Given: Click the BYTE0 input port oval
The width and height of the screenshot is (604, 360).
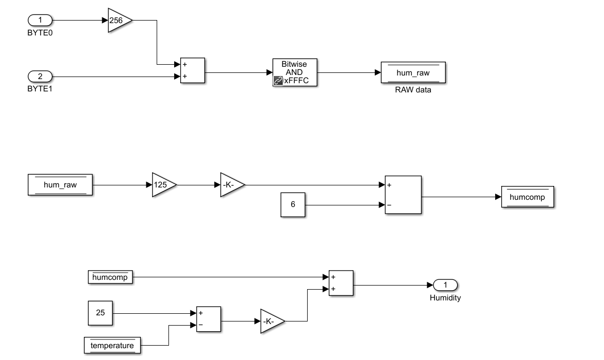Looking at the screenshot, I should [40, 21].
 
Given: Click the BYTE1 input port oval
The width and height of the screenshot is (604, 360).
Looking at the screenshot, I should [40, 77].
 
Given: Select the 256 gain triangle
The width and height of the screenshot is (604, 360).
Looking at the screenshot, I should [119, 21].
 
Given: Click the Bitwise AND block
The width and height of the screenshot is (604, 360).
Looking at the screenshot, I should [295, 72].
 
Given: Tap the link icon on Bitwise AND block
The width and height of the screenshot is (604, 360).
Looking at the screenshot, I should [278, 81].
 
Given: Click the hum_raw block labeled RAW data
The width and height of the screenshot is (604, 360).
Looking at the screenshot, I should [413, 73].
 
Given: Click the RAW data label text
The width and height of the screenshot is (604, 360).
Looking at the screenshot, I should [413, 90].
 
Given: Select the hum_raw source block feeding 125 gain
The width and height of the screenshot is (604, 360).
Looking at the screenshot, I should [60, 185].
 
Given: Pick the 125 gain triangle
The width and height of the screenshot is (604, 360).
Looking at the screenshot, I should [163, 185].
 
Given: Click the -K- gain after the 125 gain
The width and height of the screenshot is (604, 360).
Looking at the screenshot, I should [231, 185].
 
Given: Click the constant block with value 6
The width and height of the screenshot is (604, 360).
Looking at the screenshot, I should [293, 204].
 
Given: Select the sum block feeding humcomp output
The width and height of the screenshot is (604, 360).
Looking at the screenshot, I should [403, 195].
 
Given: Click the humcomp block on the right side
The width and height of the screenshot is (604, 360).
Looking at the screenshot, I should [528, 197].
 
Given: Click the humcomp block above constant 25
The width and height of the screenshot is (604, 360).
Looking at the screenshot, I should [110, 277].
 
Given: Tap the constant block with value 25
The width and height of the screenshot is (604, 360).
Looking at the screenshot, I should [101, 312].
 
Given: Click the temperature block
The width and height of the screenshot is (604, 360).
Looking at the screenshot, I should [112, 346].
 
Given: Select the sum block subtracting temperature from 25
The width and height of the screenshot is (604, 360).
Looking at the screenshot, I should [208, 319].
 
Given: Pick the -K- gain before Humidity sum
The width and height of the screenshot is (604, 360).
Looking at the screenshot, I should [271, 321].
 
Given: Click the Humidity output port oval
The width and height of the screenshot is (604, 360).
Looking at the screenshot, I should [445, 285].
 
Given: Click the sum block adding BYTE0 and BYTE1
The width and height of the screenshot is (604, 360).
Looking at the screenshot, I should [192, 70].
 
